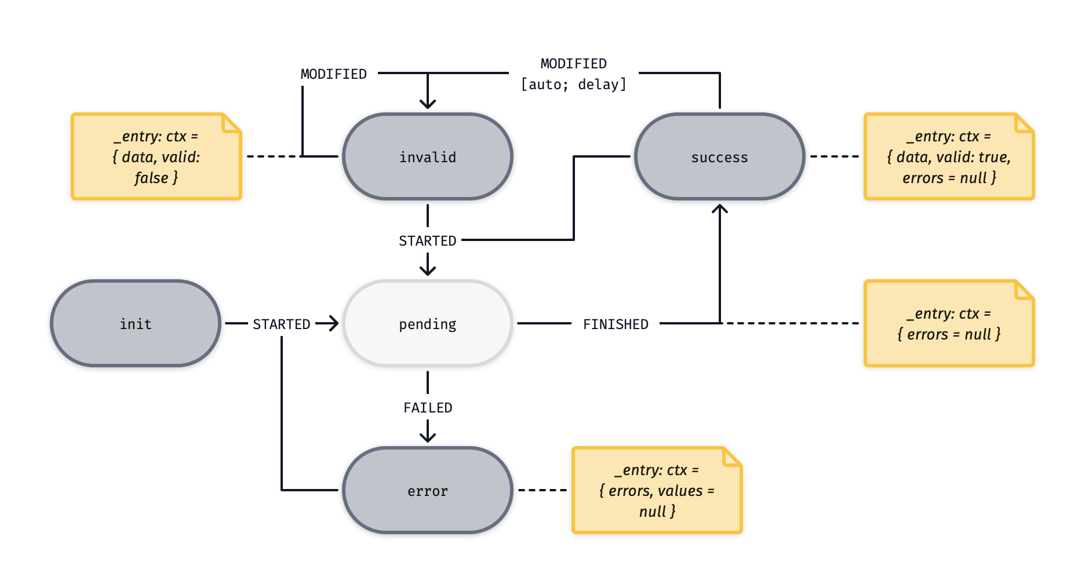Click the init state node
[136, 323]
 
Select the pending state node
[428, 323]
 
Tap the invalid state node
[428, 156]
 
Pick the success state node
[719, 156]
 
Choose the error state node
[428, 490]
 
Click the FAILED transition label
[428, 407]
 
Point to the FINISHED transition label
[616, 324]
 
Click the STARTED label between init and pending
[282, 324]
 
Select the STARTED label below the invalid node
[428, 240]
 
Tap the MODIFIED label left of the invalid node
[334, 74]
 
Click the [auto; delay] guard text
[574, 85]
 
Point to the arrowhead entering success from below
[719, 210]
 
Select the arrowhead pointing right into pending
[333, 323]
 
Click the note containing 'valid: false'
[156, 156]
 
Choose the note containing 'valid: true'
[949, 156]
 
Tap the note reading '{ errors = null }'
[949, 323]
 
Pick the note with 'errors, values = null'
[657, 490]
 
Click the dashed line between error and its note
[542, 490]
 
